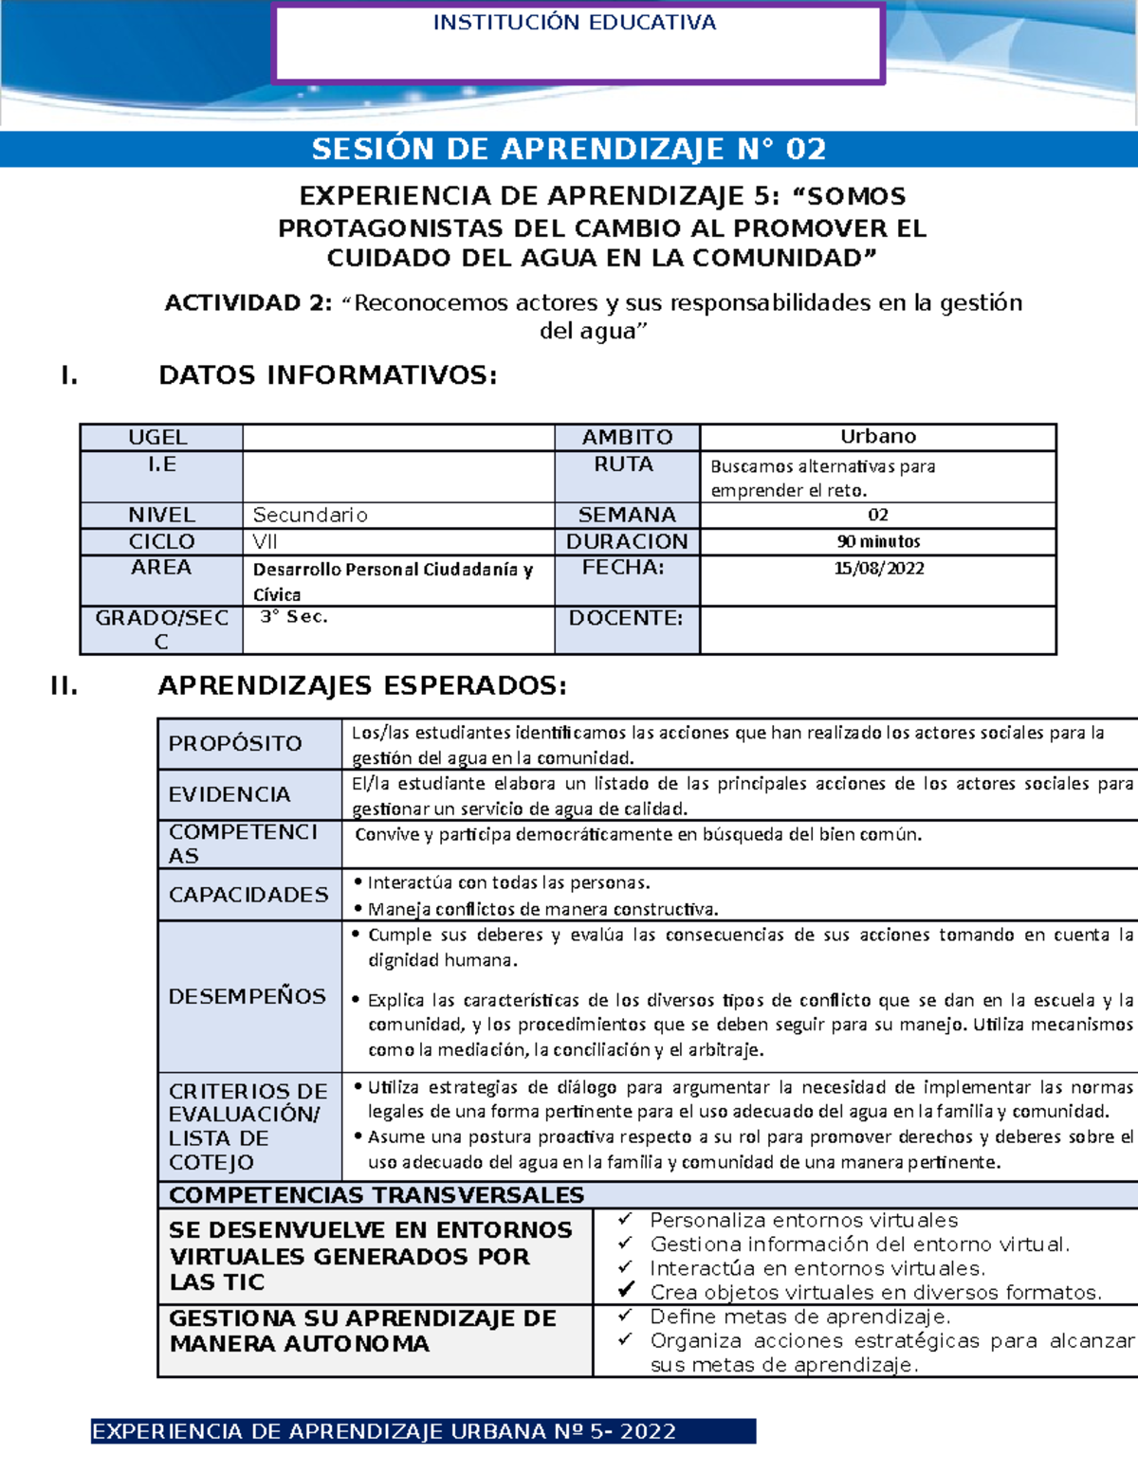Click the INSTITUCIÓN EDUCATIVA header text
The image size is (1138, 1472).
click(x=574, y=23)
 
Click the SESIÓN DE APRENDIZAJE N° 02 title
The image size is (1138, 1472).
click(x=569, y=149)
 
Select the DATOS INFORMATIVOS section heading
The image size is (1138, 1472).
click(x=327, y=375)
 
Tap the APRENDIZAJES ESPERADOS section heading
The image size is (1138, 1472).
click(x=362, y=685)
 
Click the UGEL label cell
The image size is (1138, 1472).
click(x=158, y=437)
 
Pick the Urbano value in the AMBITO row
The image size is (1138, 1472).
click(x=877, y=436)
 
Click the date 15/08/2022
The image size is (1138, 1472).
click(x=878, y=569)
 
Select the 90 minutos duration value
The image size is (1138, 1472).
click(x=878, y=541)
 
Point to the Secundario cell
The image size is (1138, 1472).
click(x=310, y=515)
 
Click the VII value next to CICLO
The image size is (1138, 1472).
click(x=265, y=541)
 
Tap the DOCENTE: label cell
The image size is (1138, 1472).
click(x=626, y=618)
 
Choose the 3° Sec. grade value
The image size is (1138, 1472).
click(x=294, y=617)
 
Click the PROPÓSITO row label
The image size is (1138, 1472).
click(x=235, y=743)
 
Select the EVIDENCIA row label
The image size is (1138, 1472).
click(x=229, y=794)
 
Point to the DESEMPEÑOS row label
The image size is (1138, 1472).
click(x=248, y=996)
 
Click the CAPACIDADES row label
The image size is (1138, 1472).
click(x=248, y=895)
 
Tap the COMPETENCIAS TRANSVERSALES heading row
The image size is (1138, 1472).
click(x=376, y=1194)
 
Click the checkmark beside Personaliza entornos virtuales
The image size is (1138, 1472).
click(x=625, y=1219)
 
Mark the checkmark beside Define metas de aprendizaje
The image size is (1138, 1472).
click(x=625, y=1316)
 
